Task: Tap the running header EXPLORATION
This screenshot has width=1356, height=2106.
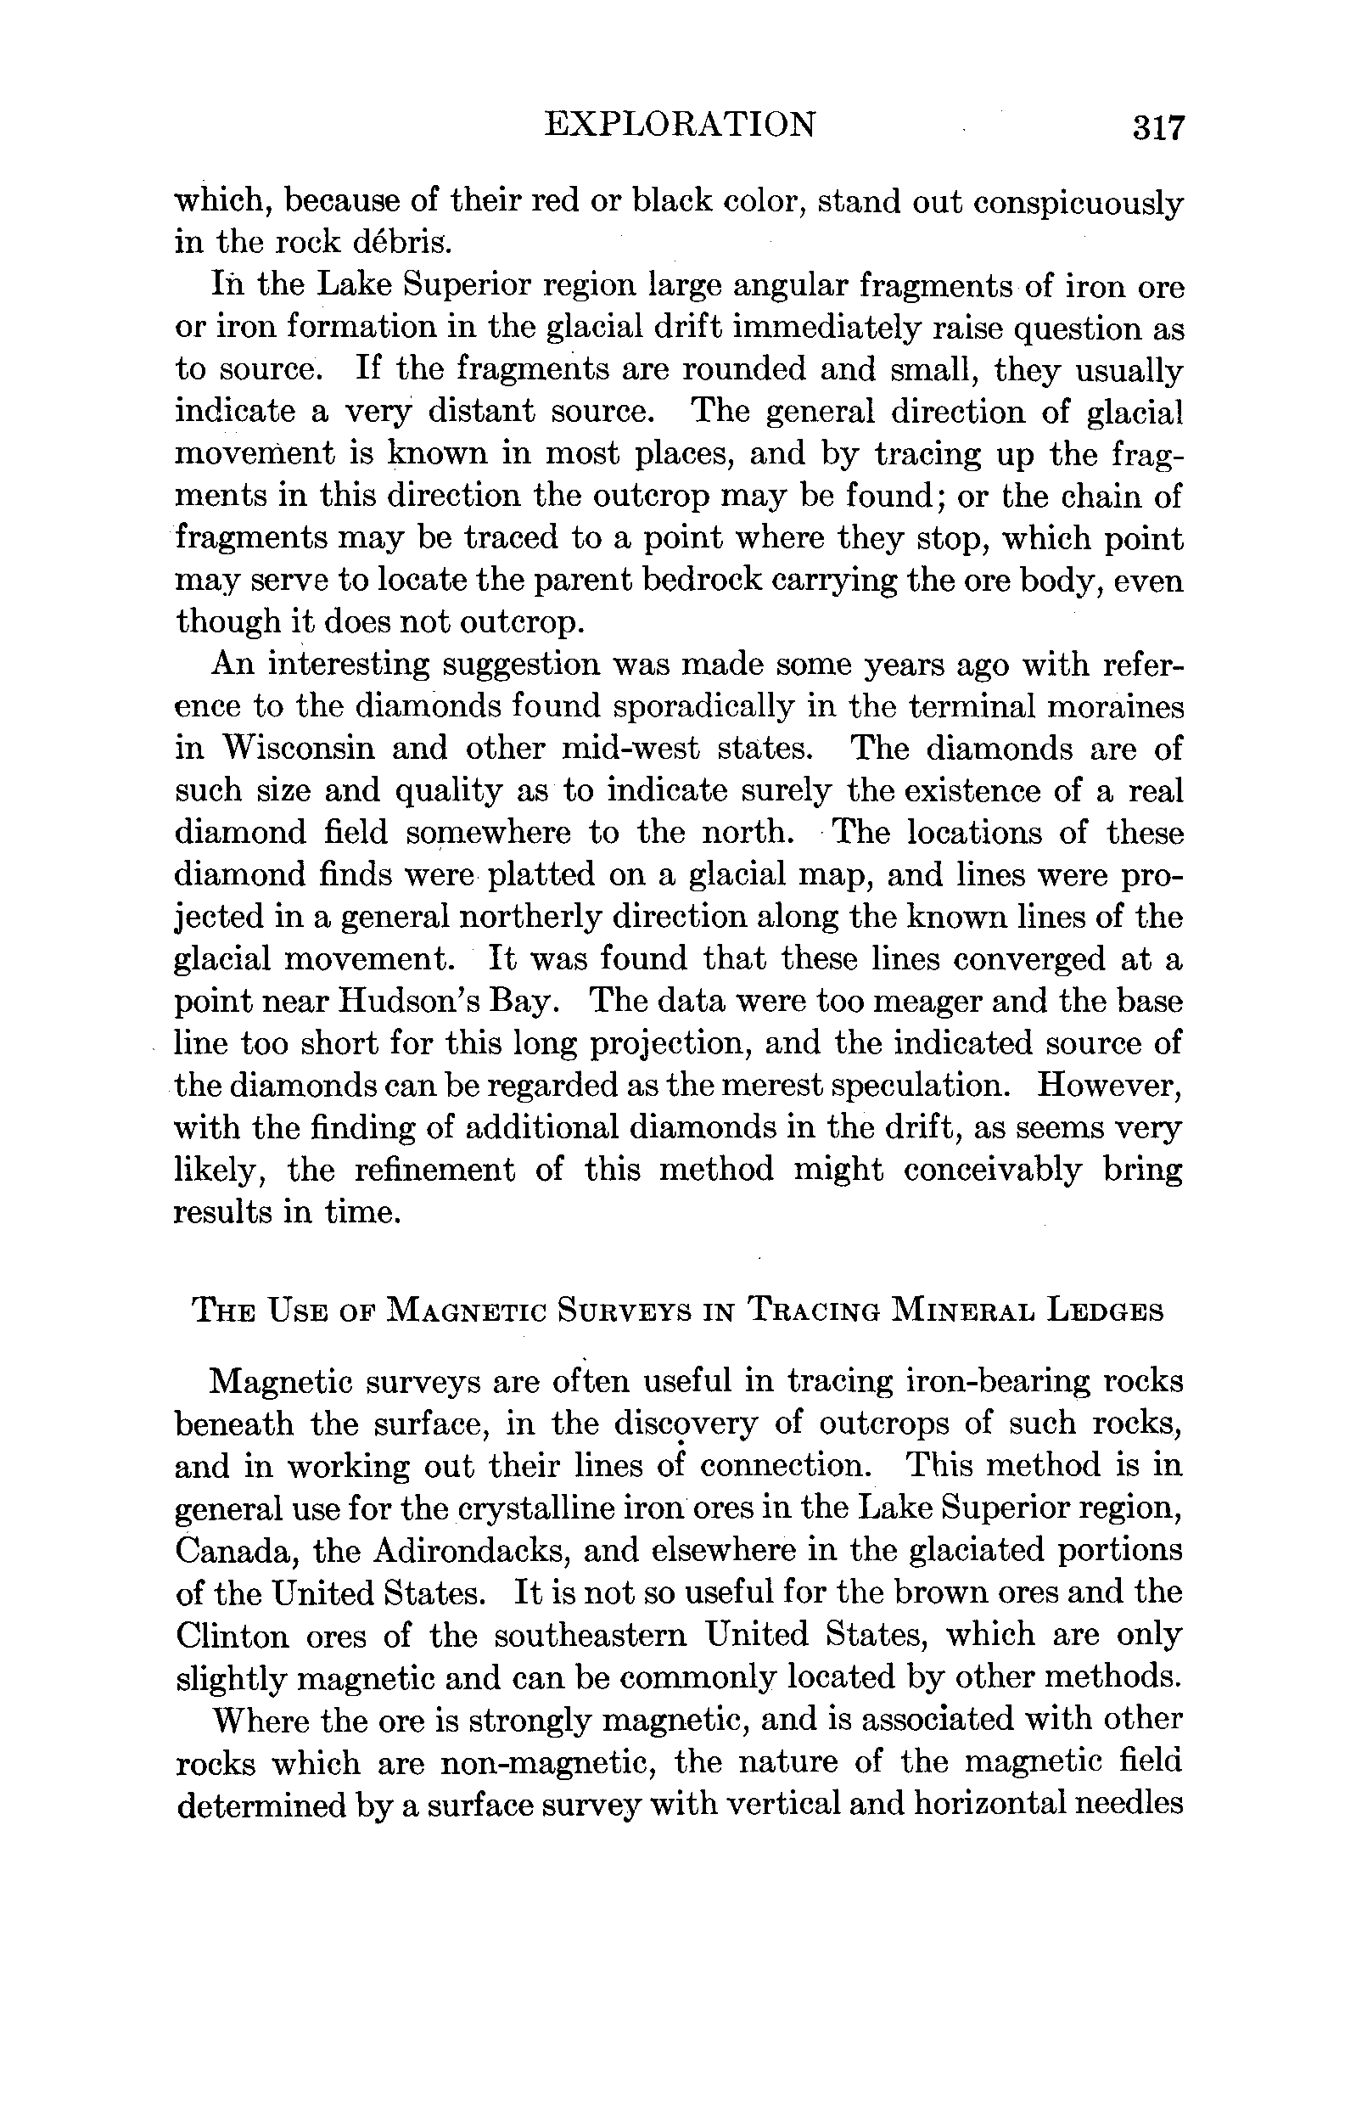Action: tap(680, 125)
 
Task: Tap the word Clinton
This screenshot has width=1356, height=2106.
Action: tap(232, 1635)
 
